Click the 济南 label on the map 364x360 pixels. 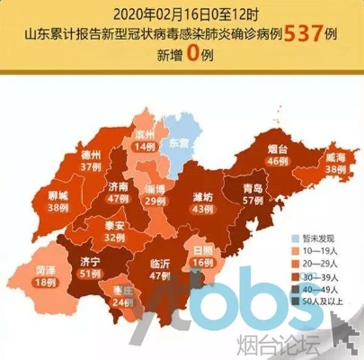coord(118,187)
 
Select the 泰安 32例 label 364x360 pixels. coord(114,230)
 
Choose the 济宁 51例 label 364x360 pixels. coord(92,267)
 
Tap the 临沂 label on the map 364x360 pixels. coord(159,270)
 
